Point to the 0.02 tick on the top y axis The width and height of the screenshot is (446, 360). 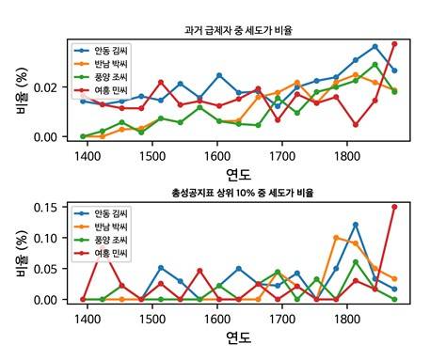51,87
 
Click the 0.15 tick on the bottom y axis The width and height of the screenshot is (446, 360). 51,207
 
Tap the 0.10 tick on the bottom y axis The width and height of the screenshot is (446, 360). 51,238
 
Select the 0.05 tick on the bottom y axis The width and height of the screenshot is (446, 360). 51,269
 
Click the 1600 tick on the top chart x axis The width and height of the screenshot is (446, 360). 217,155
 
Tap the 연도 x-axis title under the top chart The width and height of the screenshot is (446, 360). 238,174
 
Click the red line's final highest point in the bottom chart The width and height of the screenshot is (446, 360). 394,207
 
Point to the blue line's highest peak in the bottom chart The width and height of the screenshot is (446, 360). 356,224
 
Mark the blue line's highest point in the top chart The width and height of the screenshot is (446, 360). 374,46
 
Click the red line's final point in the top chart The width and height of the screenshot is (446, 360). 394,43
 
